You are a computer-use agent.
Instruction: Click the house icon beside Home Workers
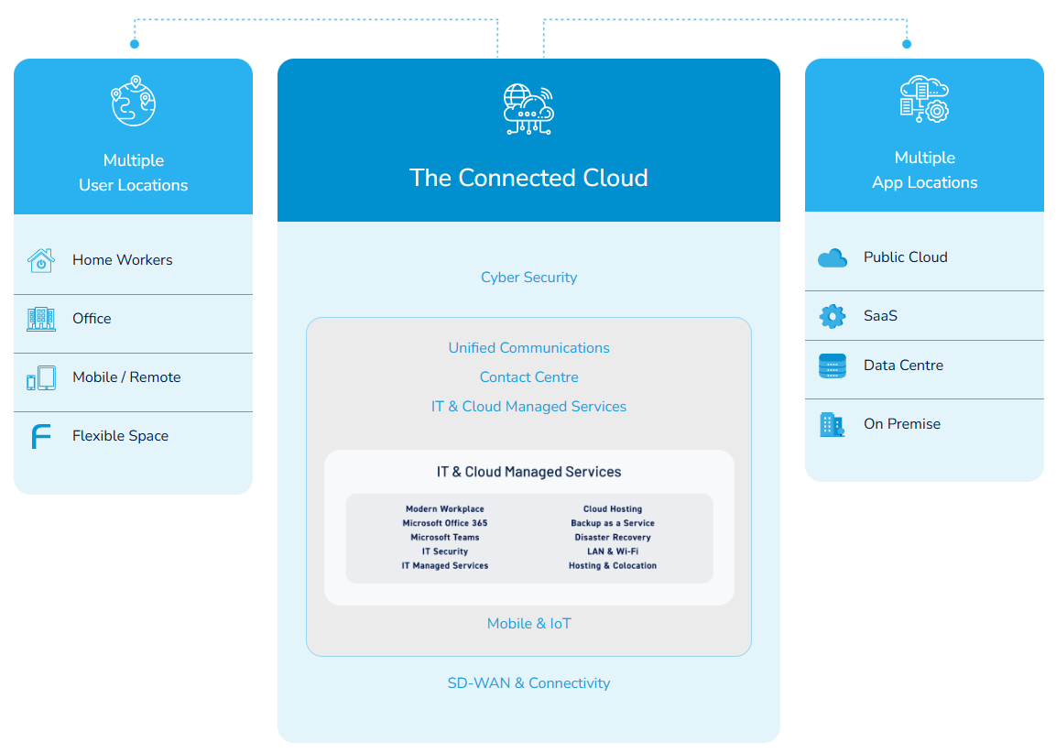[x=40, y=260]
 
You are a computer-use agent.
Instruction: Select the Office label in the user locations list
[x=92, y=319]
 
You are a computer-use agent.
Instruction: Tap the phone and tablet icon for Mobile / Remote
[x=40, y=378]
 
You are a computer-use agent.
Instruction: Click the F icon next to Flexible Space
[x=40, y=437]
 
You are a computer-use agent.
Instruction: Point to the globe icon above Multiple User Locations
[x=134, y=101]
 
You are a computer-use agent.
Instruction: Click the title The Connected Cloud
[x=528, y=178]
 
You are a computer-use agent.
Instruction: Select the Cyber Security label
[x=528, y=278]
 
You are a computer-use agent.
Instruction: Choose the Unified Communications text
[x=528, y=348]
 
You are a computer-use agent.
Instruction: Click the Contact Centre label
[x=528, y=377]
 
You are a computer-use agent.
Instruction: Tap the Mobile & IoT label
[x=528, y=624]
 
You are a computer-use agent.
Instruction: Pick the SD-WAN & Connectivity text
[x=528, y=683]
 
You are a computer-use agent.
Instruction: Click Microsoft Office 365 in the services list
[x=445, y=523]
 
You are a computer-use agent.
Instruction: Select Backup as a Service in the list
[x=613, y=523]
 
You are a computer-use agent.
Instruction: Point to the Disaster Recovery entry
[x=613, y=538]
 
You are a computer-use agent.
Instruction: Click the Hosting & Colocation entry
[x=613, y=566]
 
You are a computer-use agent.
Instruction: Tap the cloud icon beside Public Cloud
[x=832, y=258]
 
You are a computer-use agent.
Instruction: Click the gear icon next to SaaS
[x=832, y=317]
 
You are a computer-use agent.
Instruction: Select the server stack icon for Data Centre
[x=832, y=366]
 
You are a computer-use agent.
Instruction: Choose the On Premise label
[x=901, y=424]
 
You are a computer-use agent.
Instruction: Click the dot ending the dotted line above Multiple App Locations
[x=907, y=44]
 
